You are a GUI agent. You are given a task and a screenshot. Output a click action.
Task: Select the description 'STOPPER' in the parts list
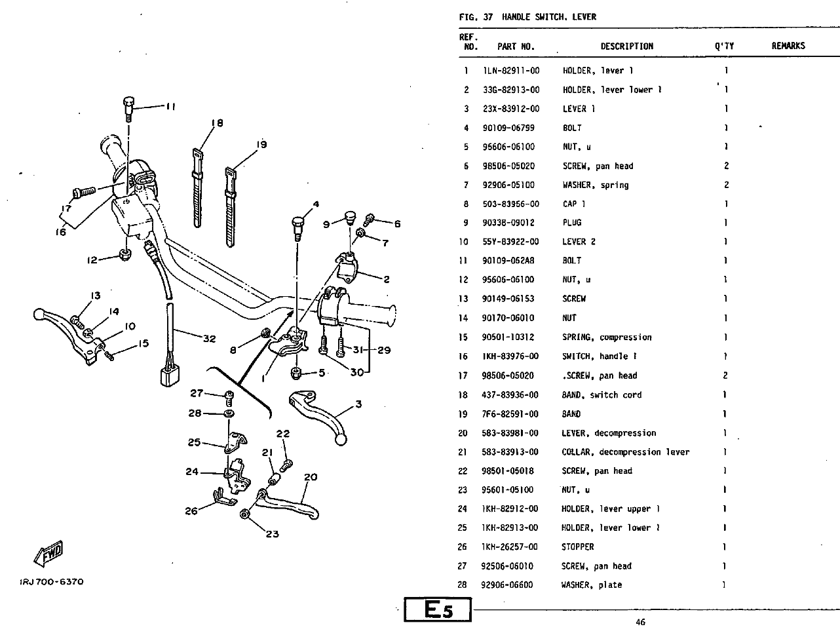click(578, 547)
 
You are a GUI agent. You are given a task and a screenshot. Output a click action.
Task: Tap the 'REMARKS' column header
click(788, 46)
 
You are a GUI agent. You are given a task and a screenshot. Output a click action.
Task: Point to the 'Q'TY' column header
click(725, 47)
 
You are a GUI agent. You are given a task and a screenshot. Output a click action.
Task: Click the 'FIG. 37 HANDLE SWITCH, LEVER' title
click(527, 17)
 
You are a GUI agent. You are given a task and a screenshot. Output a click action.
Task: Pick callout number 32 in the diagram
click(209, 339)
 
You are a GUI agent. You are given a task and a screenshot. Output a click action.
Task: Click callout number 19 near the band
click(261, 145)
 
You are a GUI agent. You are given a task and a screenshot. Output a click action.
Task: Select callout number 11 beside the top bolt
click(170, 107)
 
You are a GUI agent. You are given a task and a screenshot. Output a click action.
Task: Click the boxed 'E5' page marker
click(438, 610)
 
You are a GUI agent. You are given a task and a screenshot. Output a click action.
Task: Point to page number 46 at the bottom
click(640, 622)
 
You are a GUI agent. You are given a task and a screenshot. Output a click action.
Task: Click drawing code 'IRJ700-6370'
click(52, 582)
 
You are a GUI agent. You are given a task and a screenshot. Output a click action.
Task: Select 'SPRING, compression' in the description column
click(607, 337)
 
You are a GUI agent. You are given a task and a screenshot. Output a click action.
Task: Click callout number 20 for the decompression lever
click(311, 477)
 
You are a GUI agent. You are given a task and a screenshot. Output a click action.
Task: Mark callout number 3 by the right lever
click(358, 404)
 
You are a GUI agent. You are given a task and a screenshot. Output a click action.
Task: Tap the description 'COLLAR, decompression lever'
click(625, 452)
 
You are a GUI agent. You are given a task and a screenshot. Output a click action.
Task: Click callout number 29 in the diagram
click(384, 350)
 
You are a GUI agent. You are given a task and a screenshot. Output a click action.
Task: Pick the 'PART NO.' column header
click(516, 47)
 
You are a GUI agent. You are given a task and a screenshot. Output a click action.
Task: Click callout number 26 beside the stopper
click(191, 510)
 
